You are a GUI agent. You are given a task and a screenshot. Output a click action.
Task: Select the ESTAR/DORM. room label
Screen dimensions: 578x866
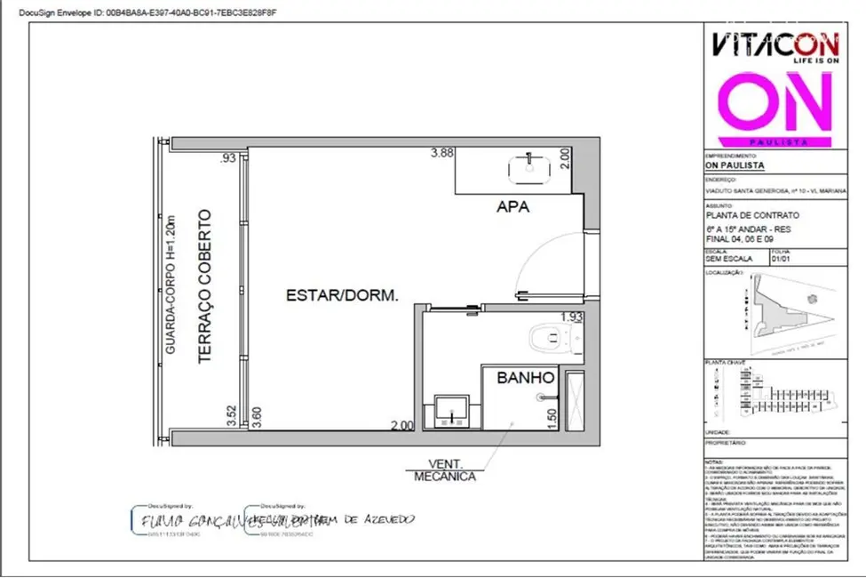pyautogui.click(x=341, y=296)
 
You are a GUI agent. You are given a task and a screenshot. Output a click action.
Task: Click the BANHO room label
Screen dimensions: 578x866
pyautogui.click(x=520, y=378)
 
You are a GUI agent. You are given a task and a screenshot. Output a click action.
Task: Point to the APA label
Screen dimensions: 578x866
pyautogui.click(x=512, y=208)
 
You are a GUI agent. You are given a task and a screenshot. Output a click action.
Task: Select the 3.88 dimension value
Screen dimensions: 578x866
pyautogui.click(x=442, y=153)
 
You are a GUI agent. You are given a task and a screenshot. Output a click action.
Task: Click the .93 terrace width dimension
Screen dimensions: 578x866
pyautogui.click(x=229, y=158)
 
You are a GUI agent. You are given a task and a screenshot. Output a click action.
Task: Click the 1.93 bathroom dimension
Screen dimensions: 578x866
pyautogui.click(x=571, y=317)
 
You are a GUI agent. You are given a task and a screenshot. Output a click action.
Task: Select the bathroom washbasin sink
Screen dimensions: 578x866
pyautogui.click(x=451, y=413)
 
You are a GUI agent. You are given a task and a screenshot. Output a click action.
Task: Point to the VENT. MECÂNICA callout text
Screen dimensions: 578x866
pyautogui.click(x=444, y=470)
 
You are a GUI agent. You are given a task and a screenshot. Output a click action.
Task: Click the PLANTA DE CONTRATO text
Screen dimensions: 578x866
pyautogui.click(x=739, y=215)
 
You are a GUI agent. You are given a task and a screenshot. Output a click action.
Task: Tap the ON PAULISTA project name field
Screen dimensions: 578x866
pyautogui.click(x=733, y=165)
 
